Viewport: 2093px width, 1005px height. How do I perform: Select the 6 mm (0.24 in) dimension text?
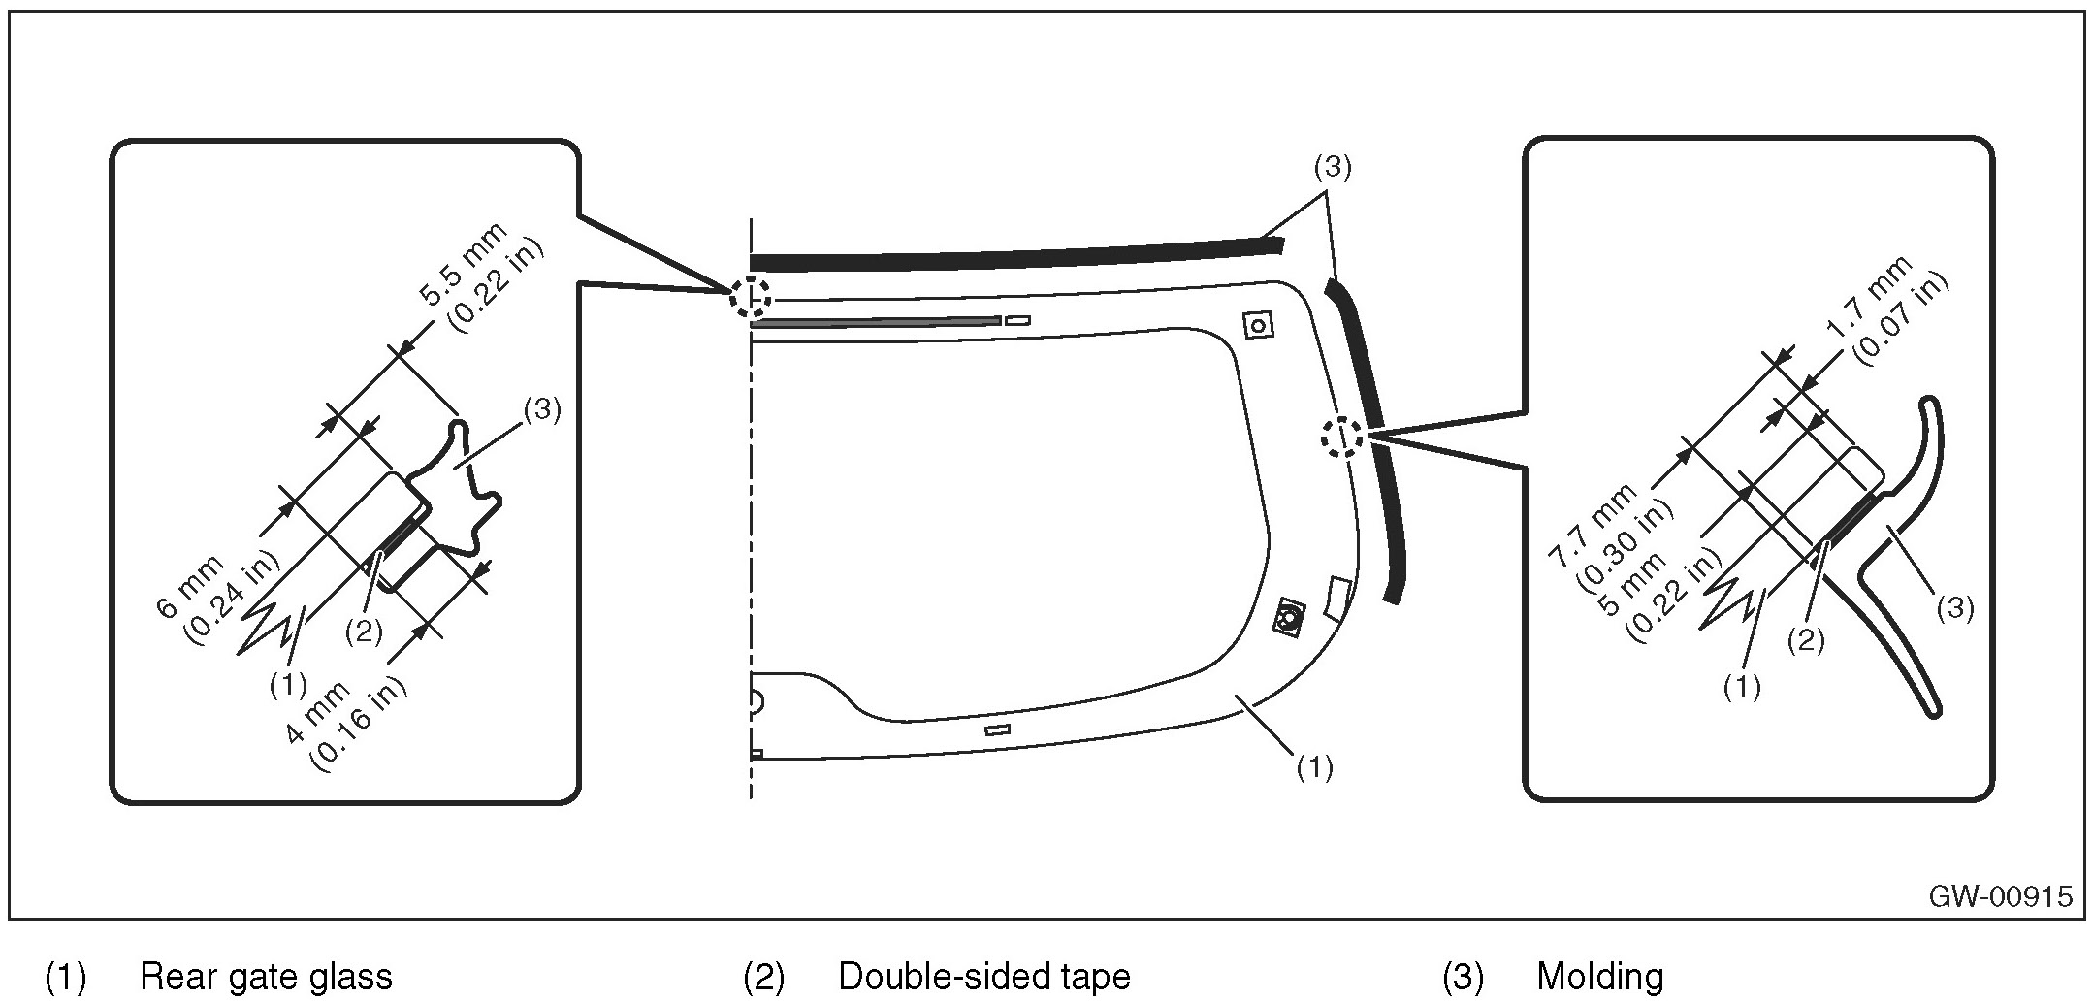pos(216,595)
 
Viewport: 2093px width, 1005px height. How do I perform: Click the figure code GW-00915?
pos(1999,894)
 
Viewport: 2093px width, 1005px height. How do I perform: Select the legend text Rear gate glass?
pos(266,976)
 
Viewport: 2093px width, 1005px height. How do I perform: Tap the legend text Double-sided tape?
pos(983,976)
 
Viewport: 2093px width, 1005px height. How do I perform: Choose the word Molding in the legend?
pos(1599,976)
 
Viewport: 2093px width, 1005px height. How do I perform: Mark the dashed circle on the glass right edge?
pos(1342,438)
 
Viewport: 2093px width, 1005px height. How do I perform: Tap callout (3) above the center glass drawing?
pos(1332,168)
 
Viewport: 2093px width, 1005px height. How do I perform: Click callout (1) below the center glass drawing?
pos(1314,767)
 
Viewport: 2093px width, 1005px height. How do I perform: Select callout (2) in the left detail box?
pos(364,632)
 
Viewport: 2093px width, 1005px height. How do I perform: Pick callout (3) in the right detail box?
pos(1953,608)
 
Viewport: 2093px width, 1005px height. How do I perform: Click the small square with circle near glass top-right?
pos(1258,325)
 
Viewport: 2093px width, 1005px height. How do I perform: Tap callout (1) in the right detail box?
pos(1741,687)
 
